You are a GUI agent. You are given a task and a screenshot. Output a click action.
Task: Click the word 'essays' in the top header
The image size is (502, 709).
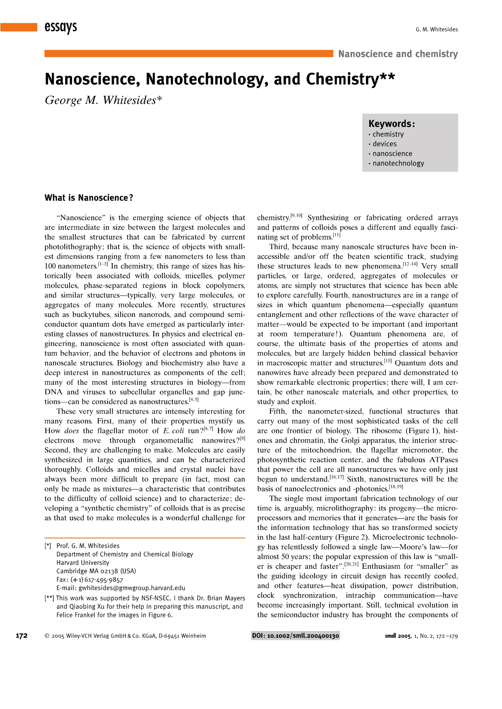click(x=61, y=27)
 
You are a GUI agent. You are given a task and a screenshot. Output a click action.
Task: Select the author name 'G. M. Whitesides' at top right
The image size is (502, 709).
click(x=436, y=30)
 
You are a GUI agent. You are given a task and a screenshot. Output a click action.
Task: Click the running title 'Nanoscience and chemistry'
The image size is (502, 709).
click(x=398, y=54)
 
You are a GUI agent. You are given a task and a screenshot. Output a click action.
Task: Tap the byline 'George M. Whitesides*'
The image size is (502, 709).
click(x=103, y=100)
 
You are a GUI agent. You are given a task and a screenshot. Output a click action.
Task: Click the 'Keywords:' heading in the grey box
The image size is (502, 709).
click(x=391, y=124)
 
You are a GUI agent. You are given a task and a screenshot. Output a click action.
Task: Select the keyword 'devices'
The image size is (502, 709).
click(x=385, y=144)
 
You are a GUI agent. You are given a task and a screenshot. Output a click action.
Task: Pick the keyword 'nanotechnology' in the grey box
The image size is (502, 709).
click(x=398, y=163)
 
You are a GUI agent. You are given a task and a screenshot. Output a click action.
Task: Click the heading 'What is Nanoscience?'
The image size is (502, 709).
click(x=89, y=198)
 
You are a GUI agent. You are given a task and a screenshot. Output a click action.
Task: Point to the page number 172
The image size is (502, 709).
click(x=21, y=636)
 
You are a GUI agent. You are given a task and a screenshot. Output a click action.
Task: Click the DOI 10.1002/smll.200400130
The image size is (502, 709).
click(x=296, y=636)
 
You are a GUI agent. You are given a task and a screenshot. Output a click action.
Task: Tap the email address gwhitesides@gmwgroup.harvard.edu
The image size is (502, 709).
click(x=132, y=588)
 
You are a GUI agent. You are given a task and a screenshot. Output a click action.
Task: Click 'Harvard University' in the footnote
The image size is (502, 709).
click(x=83, y=563)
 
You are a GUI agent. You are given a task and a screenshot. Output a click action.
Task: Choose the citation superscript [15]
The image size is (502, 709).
click(x=388, y=361)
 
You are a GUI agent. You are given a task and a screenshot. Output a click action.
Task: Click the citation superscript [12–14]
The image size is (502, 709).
click(x=410, y=264)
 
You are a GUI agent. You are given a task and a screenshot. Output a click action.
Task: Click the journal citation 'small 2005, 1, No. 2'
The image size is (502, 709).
click(x=421, y=636)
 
